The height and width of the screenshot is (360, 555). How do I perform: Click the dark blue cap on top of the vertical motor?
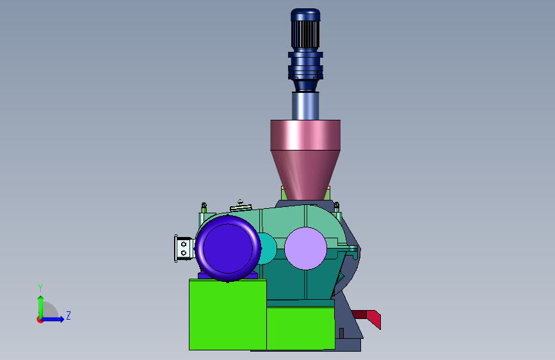click(305, 15)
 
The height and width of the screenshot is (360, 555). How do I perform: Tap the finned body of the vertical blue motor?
click(305, 35)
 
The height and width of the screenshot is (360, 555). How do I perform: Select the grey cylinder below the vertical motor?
click(305, 106)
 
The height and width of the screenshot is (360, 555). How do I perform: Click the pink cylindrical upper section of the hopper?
click(305, 135)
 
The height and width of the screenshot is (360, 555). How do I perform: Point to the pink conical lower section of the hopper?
click(305, 174)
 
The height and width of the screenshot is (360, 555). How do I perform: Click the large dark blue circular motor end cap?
click(228, 249)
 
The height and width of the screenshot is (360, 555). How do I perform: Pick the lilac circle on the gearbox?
click(305, 249)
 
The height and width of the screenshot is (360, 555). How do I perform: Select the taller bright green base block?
click(228, 315)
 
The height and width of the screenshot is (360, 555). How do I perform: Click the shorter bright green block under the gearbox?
click(300, 328)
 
